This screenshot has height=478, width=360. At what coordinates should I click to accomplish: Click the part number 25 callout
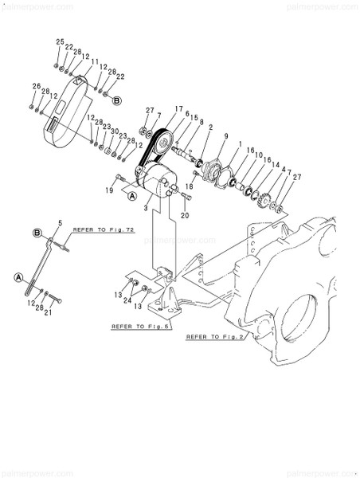pos(59,41)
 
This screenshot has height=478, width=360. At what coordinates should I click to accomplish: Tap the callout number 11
pos(95,62)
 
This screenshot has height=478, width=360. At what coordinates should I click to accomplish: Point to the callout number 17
pos(178,109)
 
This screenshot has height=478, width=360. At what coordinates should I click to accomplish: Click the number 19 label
pos(109,191)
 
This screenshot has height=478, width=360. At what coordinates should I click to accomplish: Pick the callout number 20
pos(184,215)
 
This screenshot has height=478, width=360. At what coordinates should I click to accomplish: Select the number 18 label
pos(190,186)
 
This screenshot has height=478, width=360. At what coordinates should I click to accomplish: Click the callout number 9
pos(226,136)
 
